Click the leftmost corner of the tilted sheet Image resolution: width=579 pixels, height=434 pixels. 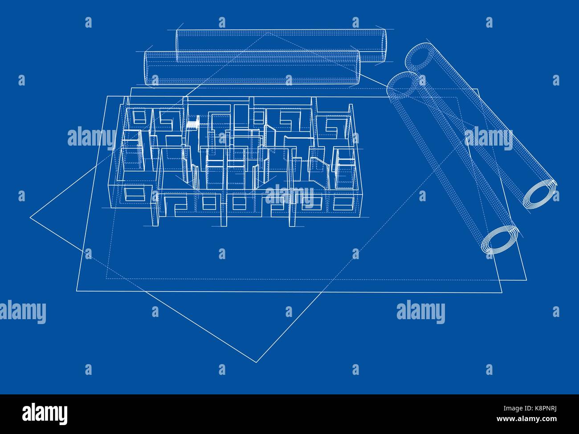coord(31,218)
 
